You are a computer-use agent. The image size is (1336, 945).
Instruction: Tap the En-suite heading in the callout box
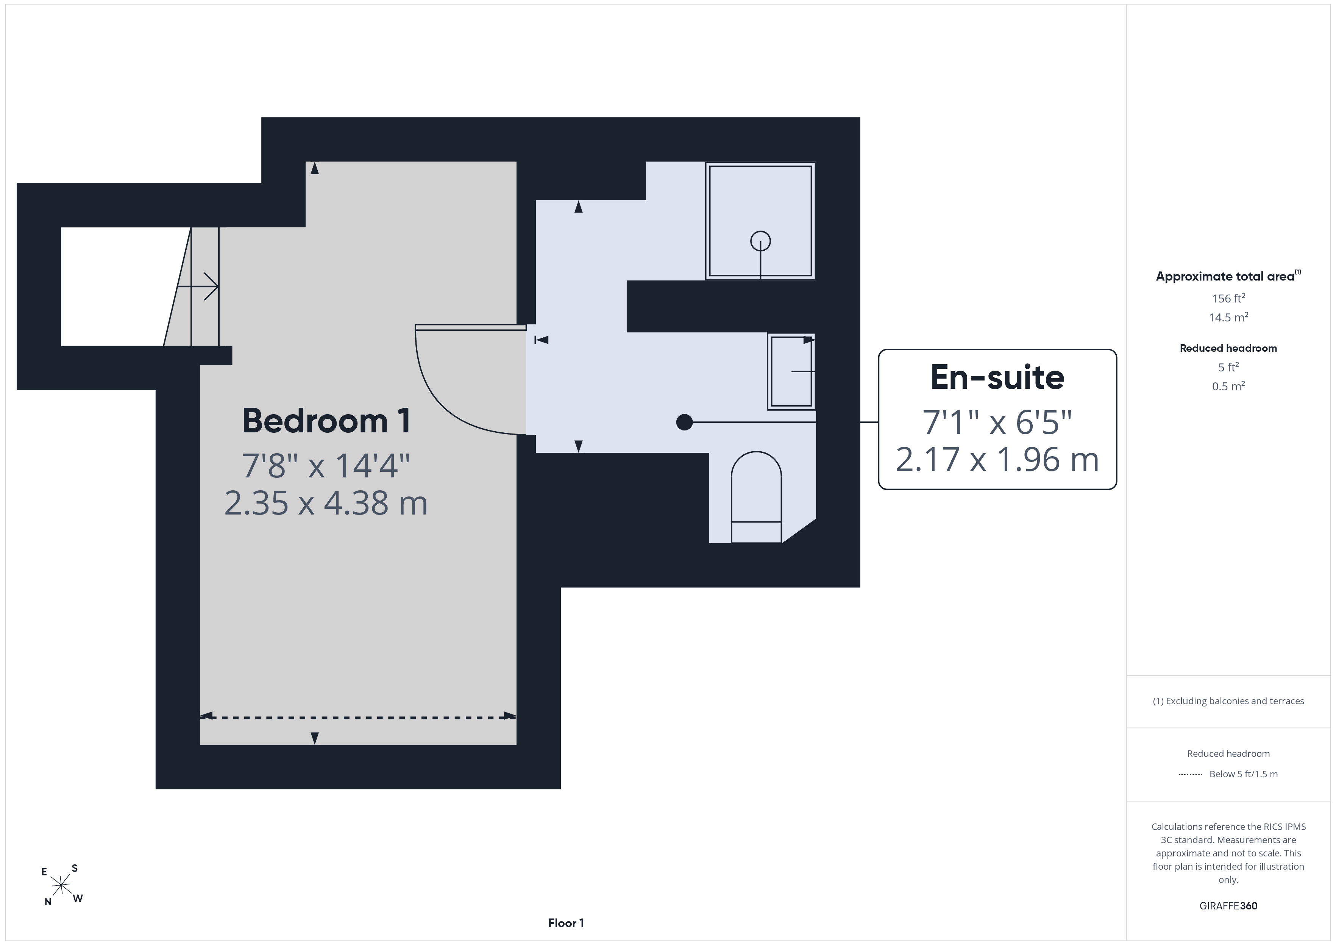(x=997, y=377)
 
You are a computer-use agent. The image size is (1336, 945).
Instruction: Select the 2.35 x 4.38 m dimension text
(x=326, y=503)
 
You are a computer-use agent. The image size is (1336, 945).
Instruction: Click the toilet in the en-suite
(x=756, y=497)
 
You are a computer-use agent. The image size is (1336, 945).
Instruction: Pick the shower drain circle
(x=760, y=241)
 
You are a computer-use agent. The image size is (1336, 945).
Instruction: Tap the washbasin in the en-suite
(x=791, y=371)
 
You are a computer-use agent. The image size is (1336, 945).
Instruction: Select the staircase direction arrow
(x=198, y=286)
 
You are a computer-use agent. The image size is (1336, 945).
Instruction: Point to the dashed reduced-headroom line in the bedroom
(x=358, y=717)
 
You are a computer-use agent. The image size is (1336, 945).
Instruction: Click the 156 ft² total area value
(x=1228, y=298)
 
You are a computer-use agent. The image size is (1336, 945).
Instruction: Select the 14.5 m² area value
(x=1228, y=317)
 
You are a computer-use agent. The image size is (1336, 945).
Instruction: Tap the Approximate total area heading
(x=1228, y=276)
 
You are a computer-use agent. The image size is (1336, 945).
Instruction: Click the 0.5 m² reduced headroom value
(x=1228, y=386)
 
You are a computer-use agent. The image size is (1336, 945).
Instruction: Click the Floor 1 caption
(x=566, y=923)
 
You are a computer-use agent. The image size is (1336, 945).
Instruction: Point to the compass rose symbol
(x=61, y=885)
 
